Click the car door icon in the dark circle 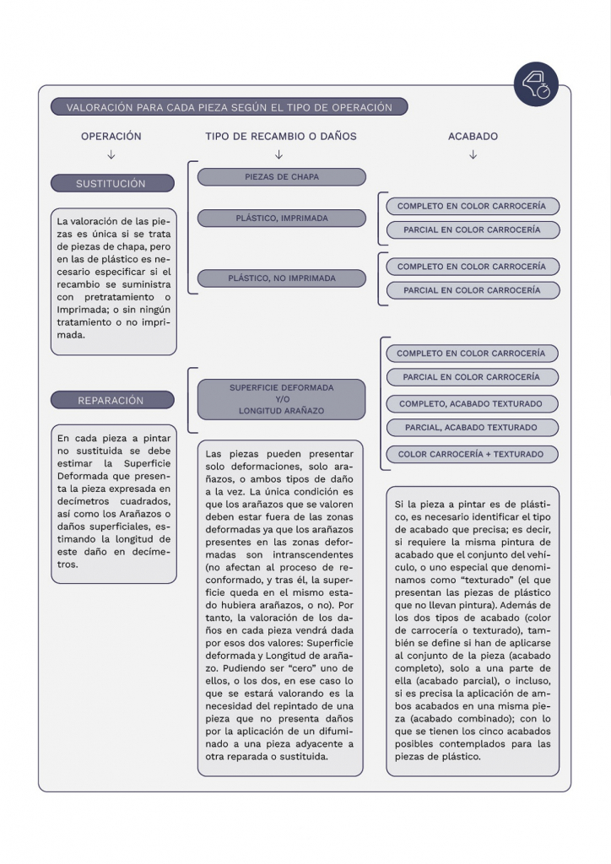[x=536, y=84]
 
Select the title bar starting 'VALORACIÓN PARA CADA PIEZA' [x=229, y=107]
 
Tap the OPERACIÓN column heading [x=111, y=136]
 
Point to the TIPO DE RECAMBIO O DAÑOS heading [x=280, y=136]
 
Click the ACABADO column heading [x=473, y=136]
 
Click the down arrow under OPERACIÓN [x=111, y=154]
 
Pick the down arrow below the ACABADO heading [x=473, y=154]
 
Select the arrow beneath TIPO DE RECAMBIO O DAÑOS [x=279, y=154]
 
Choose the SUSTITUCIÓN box [x=112, y=183]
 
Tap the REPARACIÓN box [x=112, y=401]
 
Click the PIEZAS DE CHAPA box [x=282, y=177]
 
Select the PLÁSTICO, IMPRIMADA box [x=282, y=219]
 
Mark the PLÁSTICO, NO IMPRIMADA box [x=282, y=278]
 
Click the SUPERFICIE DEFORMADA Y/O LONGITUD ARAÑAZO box [x=282, y=399]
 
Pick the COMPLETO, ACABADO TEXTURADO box [x=471, y=403]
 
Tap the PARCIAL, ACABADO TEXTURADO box [x=471, y=428]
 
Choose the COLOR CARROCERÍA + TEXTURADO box [x=471, y=454]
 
